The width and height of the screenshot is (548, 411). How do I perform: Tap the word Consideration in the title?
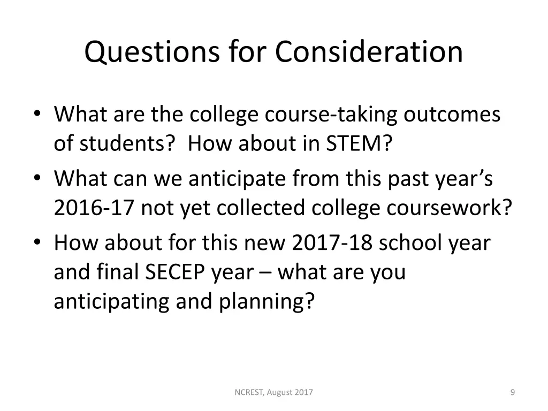369,52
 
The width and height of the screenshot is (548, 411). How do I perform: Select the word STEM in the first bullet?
356,143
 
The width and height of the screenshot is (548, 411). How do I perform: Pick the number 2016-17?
94,208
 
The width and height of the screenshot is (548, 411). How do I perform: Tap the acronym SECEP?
174,272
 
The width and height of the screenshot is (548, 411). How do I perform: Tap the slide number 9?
513,393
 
